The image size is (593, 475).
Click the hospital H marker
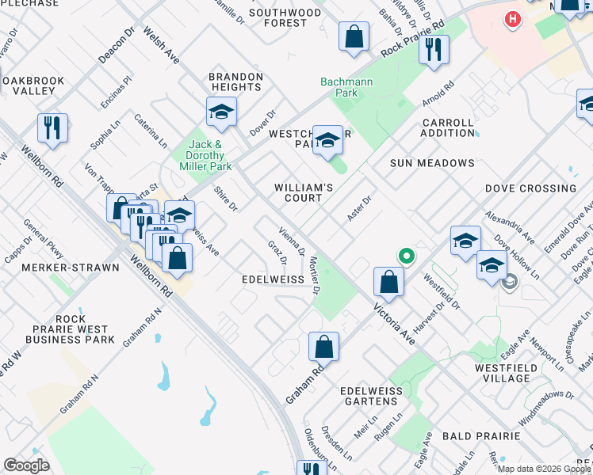tap(513, 17)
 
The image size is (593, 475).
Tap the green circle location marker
tap(406, 256)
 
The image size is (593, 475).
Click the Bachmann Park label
tap(339, 87)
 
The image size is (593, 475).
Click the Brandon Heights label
tap(235, 82)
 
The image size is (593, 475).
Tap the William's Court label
tap(303, 192)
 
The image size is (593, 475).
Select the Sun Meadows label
tap(432, 163)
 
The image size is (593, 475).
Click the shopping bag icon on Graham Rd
tap(323, 346)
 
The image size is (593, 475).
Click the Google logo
tap(26, 465)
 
